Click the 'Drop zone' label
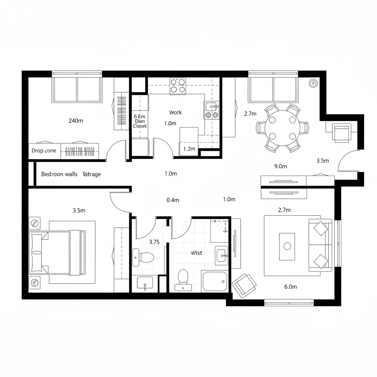pyautogui.click(x=44, y=151)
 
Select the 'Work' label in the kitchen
pyautogui.click(x=176, y=112)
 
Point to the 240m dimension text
pyautogui.click(x=76, y=120)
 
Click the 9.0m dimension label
pyautogui.click(x=281, y=166)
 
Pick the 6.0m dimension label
pyautogui.click(x=290, y=287)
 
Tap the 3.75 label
pyautogui.click(x=154, y=242)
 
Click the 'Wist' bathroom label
pyautogui.click(x=196, y=253)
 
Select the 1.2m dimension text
pyautogui.click(x=189, y=149)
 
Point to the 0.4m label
pyautogui.click(x=173, y=200)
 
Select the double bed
pyautogui.click(x=57, y=253)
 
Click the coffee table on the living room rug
pyautogui.click(x=287, y=246)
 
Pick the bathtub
pyautogui.click(x=215, y=282)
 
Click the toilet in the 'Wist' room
pyautogui.click(x=183, y=279)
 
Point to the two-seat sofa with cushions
pyautogui.click(x=320, y=245)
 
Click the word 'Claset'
pyautogui.click(x=140, y=126)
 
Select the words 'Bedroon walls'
pyautogui.click(x=59, y=174)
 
